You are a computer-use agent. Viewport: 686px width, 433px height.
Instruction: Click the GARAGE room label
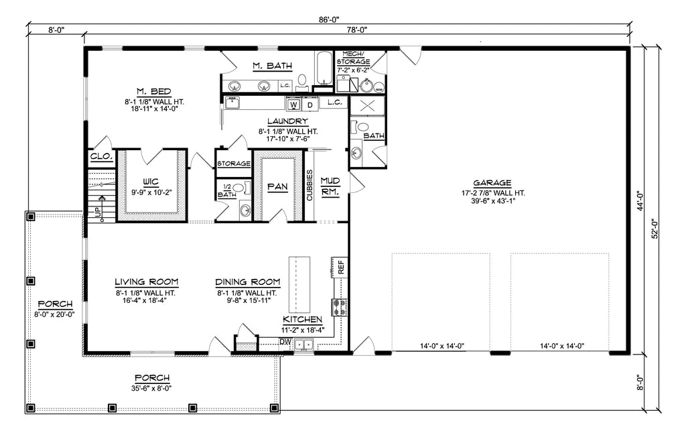[x=492, y=182]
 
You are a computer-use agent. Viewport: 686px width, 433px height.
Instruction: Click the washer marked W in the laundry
[x=293, y=105]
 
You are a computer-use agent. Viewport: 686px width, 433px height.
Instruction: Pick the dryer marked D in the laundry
[x=310, y=105]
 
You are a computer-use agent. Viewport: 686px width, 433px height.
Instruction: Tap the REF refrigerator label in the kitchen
[x=340, y=267]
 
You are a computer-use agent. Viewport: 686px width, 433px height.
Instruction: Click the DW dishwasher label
[x=285, y=341]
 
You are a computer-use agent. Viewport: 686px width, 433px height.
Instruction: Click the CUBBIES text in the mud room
[x=310, y=184]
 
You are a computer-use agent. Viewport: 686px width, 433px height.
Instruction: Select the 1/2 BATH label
[x=226, y=190]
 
